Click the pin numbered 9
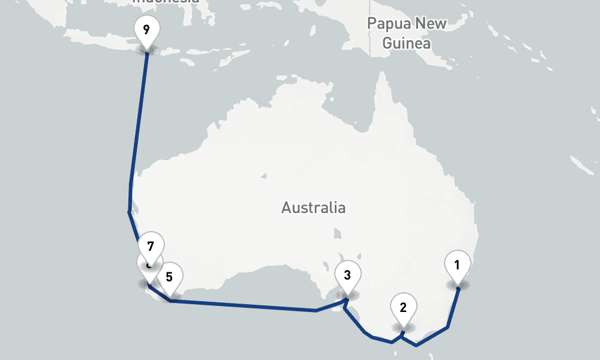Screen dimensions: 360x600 (x=146, y=30)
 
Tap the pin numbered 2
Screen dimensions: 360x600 (x=403, y=308)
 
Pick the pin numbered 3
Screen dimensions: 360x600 (x=347, y=277)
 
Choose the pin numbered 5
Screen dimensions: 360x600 (x=170, y=278)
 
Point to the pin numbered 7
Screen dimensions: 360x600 (x=151, y=247)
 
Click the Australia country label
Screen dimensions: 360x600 (x=313, y=208)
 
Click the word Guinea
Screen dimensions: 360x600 (x=406, y=43)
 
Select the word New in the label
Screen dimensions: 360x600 (x=431, y=24)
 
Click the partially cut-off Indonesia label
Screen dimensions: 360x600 (x=165, y=2)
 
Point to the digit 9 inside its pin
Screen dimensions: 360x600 (x=146, y=28)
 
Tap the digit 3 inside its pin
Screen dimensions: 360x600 (x=347, y=275)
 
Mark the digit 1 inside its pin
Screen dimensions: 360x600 (x=457, y=264)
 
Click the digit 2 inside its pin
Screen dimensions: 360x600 (x=403, y=307)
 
